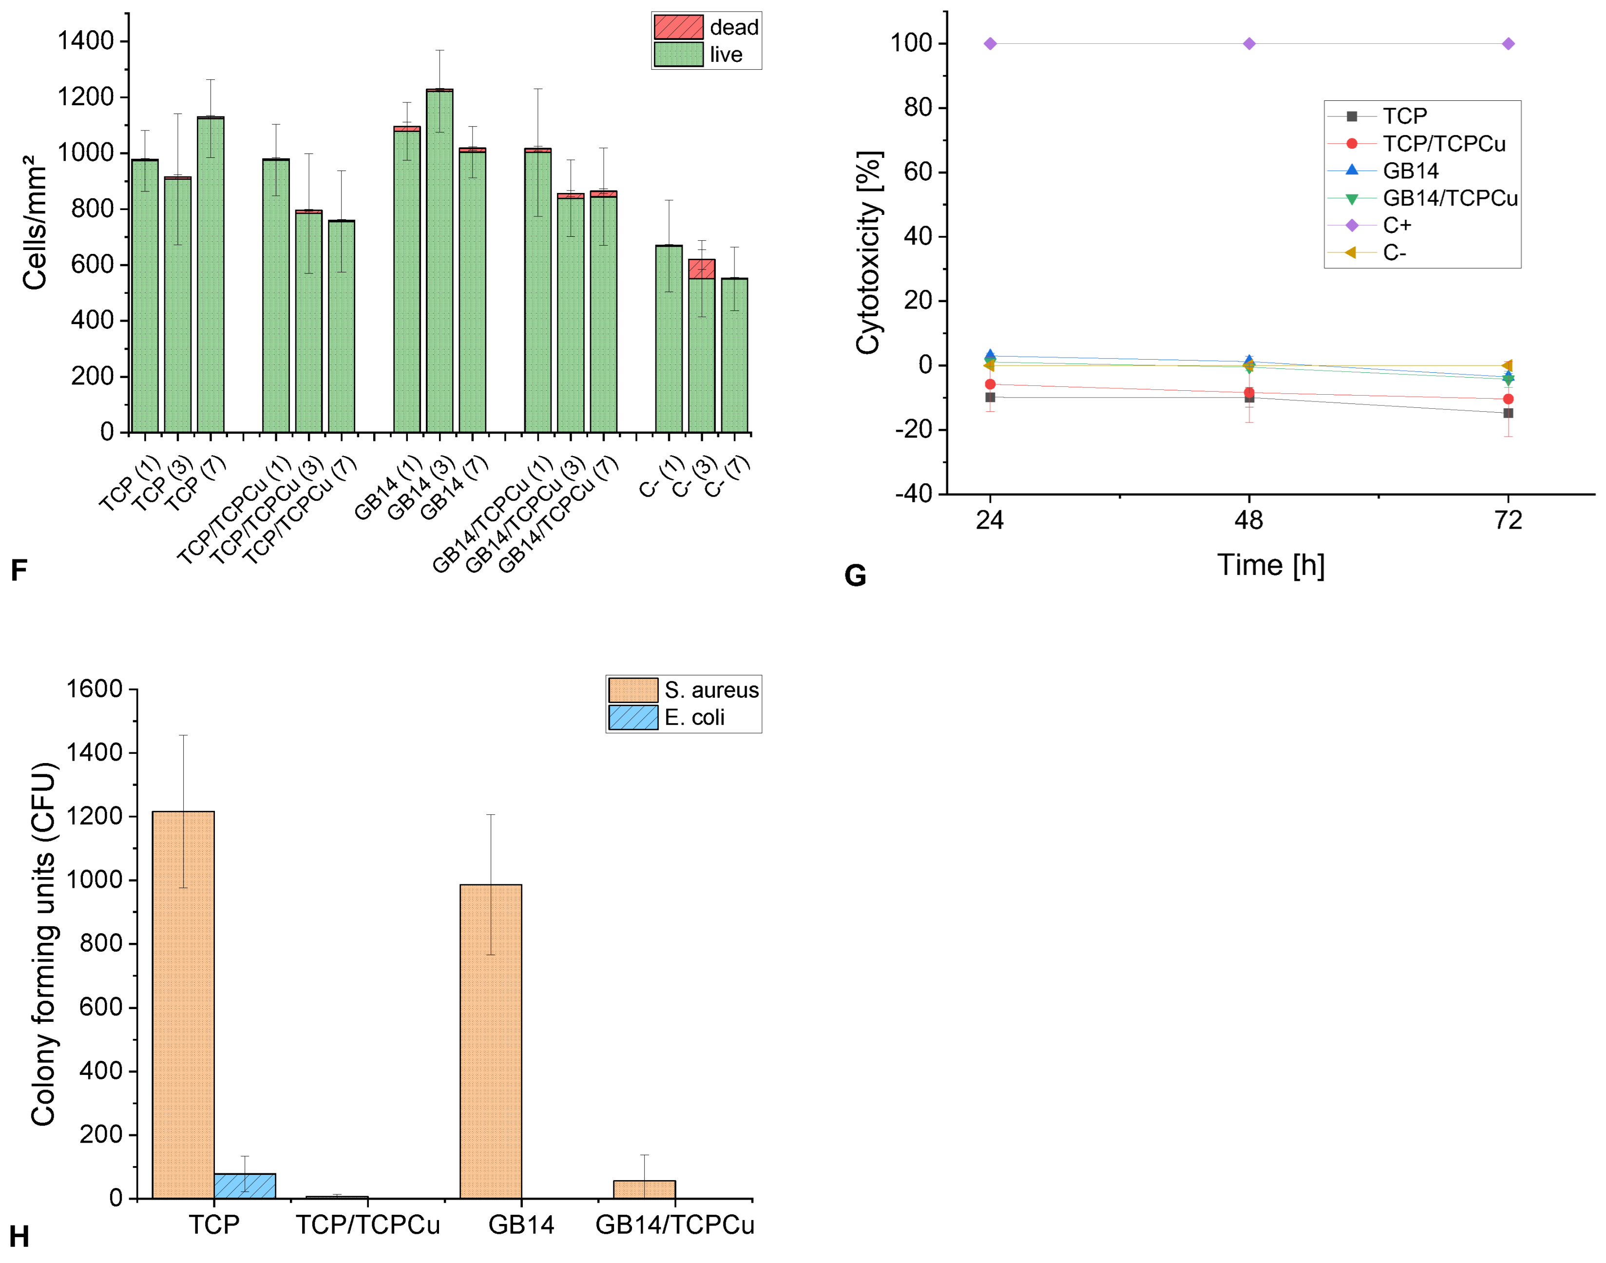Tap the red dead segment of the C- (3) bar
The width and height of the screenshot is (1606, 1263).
click(701, 268)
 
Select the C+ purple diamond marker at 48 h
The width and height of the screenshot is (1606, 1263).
click(1249, 44)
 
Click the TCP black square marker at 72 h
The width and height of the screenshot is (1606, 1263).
click(1508, 413)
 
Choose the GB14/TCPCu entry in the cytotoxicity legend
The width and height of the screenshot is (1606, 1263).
click(1449, 198)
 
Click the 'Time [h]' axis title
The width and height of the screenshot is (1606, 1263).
click(1270, 566)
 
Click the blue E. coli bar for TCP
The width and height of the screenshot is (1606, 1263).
click(245, 1186)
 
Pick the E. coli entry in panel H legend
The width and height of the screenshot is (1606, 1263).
click(693, 717)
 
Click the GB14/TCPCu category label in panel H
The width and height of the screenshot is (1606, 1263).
click(674, 1225)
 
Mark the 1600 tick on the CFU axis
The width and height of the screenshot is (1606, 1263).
click(94, 689)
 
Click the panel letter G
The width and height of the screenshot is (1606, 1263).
click(855, 575)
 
